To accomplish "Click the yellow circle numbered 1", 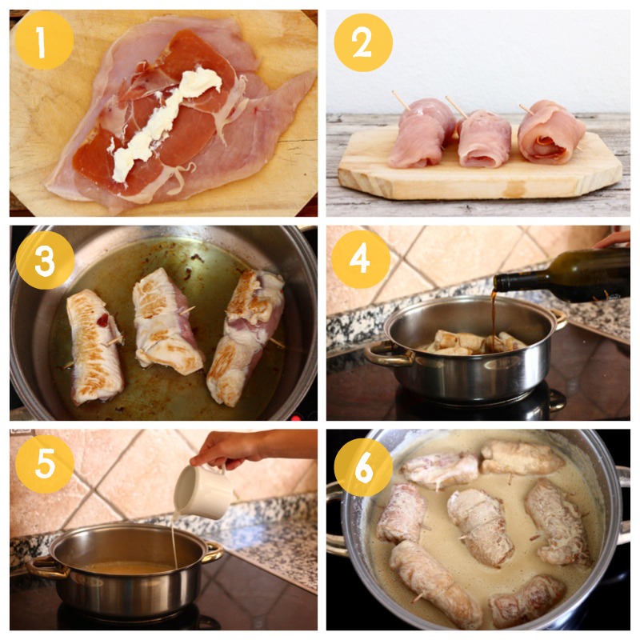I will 44,40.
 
